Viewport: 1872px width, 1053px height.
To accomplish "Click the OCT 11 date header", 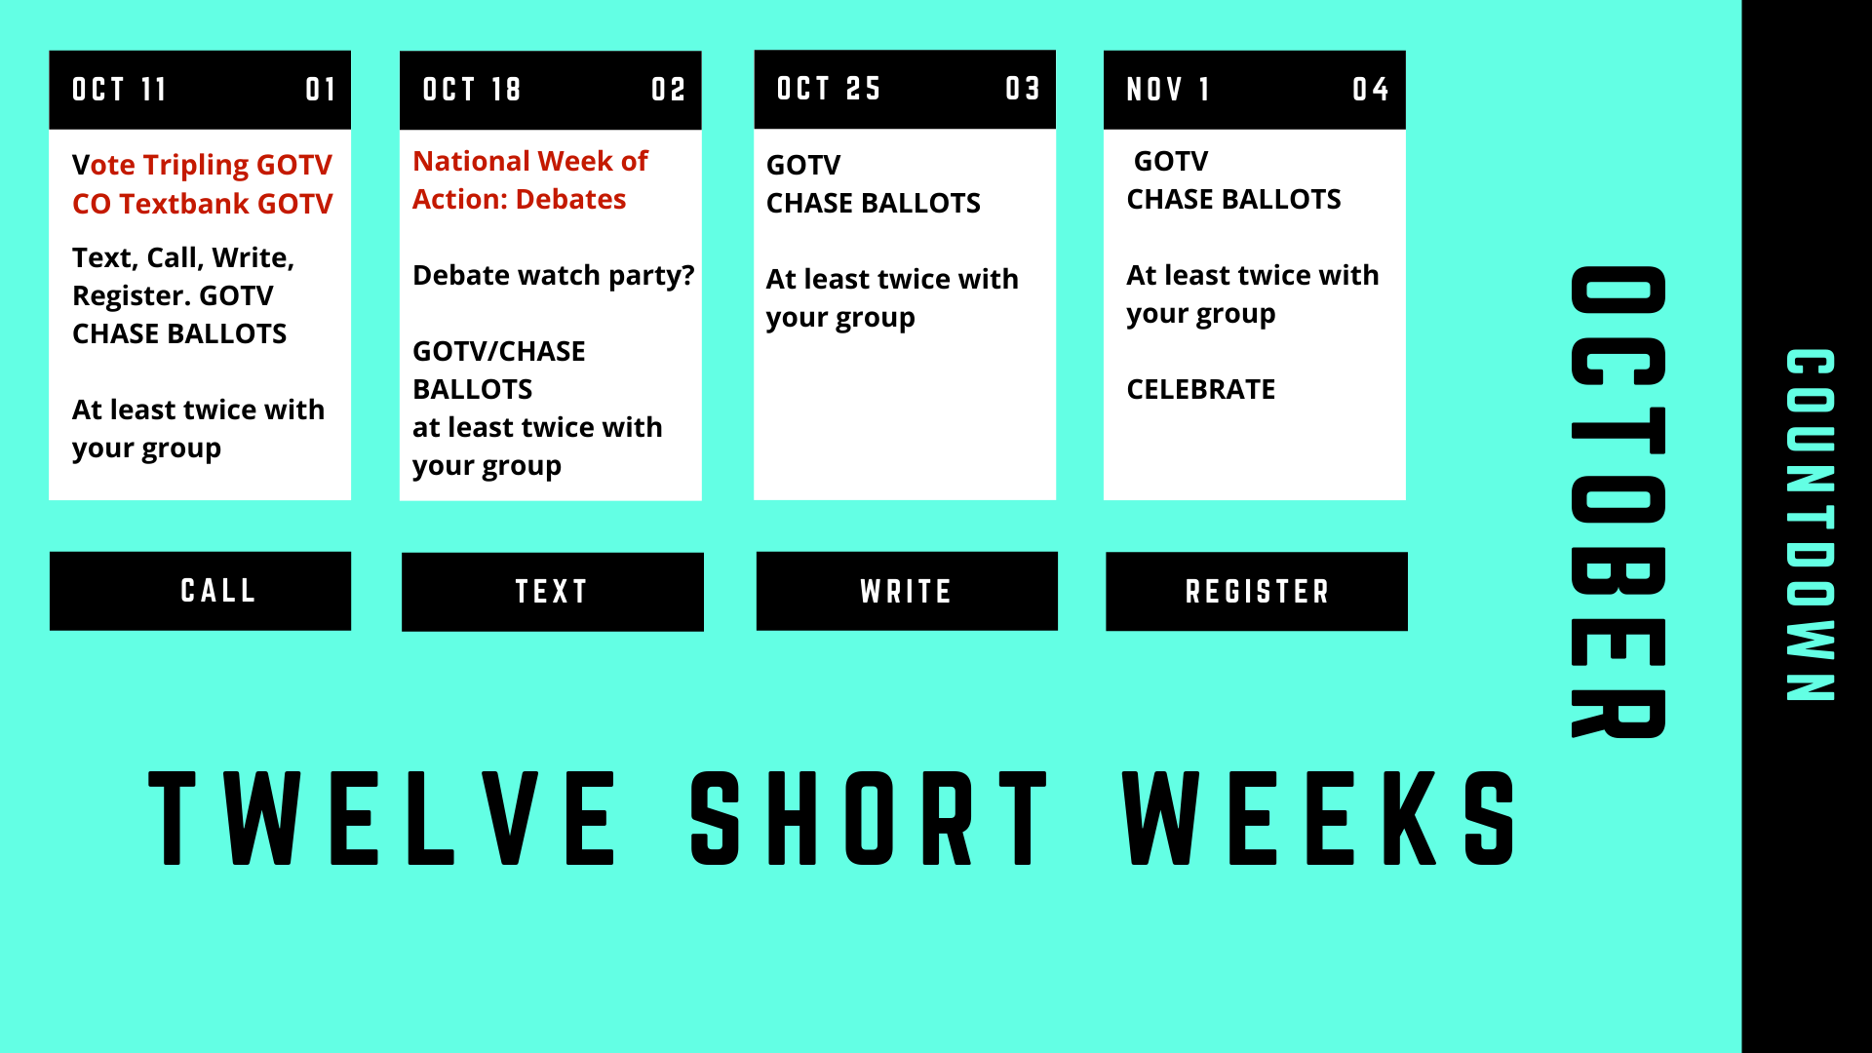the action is pyautogui.click(x=119, y=90).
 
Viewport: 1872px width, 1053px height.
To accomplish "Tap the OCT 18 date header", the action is pyautogui.click(x=472, y=90).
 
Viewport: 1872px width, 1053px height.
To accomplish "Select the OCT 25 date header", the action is pyautogui.click(x=829, y=89).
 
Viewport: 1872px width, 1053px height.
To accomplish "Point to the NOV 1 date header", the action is pyautogui.click(x=1168, y=90).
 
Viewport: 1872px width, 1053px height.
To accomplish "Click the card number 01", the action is pyautogui.click(x=321, y=90).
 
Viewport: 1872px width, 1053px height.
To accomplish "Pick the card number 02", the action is pyautogui.click(x=669, y=90).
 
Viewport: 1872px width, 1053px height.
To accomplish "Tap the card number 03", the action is pyautogui.click(x=1023, y=89).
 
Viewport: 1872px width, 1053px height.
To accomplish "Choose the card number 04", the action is pyautogui.click(x=1371, y=90).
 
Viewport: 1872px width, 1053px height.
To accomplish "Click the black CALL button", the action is pyautogui.click(x=200, y=591).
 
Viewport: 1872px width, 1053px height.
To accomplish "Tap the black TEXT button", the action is pyautogui.click(x=553, y=592).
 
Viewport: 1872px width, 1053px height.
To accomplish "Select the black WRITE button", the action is pyautogui.click(x=907, y=591).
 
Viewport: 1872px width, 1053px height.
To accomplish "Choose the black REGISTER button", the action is pyautogui.click(x=1257, y=592).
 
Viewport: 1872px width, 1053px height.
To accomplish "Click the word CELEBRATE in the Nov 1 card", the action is pyautogui.click(x=1201, y=390).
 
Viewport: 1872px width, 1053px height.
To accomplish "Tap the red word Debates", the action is pyautogui.click(x=570, y=200).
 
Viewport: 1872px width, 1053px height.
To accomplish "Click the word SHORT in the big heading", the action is pyautogui.click(x=869, y=818).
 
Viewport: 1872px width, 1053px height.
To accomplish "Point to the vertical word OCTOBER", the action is pyautogui.click(x=1618, y=502).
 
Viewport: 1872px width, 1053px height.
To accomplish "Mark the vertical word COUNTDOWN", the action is pyautogui.click(x=1811, y=525).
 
